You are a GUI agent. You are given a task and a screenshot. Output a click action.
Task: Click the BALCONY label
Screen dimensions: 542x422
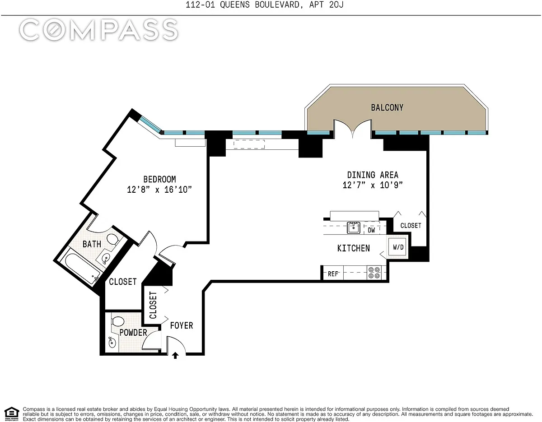point(387,107)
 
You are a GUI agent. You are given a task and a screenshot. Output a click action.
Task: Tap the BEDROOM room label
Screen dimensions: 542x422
point(159,179)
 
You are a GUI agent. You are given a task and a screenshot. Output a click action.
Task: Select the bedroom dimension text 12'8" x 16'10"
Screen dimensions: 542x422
point(159,190)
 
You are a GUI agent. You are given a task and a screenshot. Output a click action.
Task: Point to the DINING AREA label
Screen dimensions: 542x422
point(373,175)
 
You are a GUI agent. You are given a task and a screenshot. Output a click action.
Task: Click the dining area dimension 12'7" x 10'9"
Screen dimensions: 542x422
point(373,185)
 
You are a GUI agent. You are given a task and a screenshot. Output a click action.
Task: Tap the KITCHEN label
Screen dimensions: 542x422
point(354,248)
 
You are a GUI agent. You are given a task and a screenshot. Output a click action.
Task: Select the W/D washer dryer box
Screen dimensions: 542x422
point(398,247)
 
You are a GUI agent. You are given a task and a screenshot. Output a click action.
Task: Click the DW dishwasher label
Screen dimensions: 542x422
point(371,230)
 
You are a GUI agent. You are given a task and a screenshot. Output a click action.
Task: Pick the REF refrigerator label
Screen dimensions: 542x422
point(333,274)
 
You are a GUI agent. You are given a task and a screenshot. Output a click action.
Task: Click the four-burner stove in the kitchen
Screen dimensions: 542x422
point(374,273)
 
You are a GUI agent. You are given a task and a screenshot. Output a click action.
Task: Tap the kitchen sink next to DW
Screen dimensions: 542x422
point(354,228)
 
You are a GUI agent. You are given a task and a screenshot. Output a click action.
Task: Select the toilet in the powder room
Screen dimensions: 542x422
point(118,321)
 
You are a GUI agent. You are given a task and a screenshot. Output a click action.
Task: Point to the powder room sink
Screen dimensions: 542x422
point(112,343)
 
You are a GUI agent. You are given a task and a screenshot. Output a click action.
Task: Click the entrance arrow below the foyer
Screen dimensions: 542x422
point(175,356)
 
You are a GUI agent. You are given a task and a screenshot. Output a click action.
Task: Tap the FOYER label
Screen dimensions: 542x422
point(182,325)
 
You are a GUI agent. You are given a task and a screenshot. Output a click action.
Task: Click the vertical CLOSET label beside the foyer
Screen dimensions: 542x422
point(153,305)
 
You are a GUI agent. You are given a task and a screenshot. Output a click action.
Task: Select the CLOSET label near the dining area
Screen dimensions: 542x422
point(411,225)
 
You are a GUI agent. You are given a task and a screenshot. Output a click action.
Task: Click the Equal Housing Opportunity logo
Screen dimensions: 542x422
point(12,414)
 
